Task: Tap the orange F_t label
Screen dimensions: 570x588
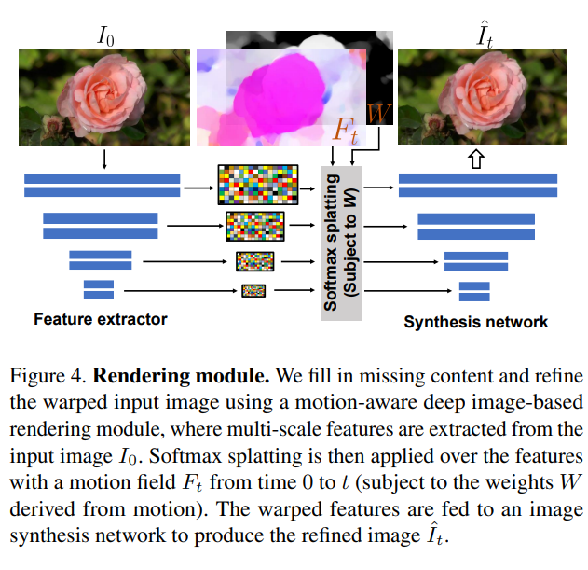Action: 346,128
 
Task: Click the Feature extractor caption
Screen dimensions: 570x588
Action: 101,319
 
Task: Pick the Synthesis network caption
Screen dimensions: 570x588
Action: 476,323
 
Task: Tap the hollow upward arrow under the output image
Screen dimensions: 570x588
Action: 477,160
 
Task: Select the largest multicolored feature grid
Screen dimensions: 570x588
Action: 255,185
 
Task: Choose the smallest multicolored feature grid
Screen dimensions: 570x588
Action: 254,290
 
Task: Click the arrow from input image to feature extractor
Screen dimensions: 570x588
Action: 104,158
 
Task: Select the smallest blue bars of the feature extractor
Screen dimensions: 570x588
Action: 99,290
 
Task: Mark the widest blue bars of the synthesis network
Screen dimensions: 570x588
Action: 477,185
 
